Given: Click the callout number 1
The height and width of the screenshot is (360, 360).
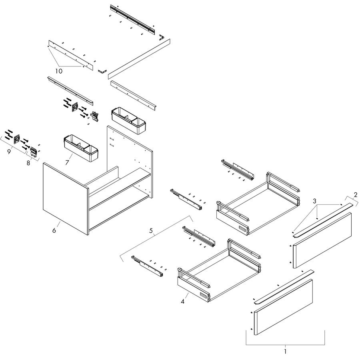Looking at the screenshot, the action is click(285, 351).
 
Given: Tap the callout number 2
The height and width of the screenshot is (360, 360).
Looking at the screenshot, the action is click(356, 195).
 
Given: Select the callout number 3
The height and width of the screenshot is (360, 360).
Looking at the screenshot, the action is click(314, 201).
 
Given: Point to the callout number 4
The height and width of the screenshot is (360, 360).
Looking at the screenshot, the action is click(182, 302).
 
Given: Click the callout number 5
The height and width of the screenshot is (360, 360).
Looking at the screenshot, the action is click(151, 230).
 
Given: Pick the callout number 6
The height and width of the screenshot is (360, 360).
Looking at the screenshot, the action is click(54, 230).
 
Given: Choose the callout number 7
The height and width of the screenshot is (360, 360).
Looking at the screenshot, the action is click(67, 162).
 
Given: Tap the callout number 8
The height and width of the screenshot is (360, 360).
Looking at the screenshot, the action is click(28, 163).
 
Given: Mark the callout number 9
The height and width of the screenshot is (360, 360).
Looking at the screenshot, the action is click(9, 152).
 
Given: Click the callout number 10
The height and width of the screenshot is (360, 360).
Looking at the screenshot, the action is click(59, 71).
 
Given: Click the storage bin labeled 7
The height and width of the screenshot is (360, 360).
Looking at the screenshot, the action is click(80, 148).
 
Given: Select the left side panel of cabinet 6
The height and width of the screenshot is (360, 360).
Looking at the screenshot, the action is click(66, 199).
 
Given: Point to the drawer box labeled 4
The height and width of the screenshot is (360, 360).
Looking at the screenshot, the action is click(220, 271).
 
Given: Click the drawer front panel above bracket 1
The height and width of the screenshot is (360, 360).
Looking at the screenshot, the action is click(283, 307).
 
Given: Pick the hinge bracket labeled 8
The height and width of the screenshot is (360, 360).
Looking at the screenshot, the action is click(34, 152).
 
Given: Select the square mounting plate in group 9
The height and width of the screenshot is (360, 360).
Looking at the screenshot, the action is click(16, 139).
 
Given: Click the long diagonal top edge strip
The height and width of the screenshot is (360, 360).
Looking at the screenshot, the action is click(139, 59).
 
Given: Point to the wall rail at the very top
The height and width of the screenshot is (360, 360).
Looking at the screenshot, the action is click(133, 19).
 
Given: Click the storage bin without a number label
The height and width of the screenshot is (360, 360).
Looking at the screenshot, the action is click(128, 120).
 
